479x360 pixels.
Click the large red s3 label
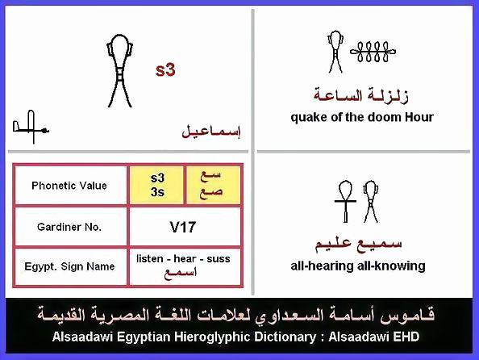pos(165,70)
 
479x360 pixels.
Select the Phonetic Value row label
pos(69,186)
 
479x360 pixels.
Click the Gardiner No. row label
pos(69,227)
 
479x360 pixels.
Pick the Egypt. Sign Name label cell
pos(69,266)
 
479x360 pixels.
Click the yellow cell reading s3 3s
pos(156,185)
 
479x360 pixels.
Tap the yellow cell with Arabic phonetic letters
pos(213,185)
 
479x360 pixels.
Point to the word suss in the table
pos(219,259)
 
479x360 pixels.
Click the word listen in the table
pos(150,259)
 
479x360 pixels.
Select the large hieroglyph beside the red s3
pos(119,71)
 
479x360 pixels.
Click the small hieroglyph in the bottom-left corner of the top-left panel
pos(31,127)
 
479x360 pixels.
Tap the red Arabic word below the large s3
pos(211,132)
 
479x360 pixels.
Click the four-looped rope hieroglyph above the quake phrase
pos(373,52)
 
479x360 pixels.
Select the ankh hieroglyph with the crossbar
pos(345,201)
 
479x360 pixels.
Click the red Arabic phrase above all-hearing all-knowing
pos(359,244)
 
